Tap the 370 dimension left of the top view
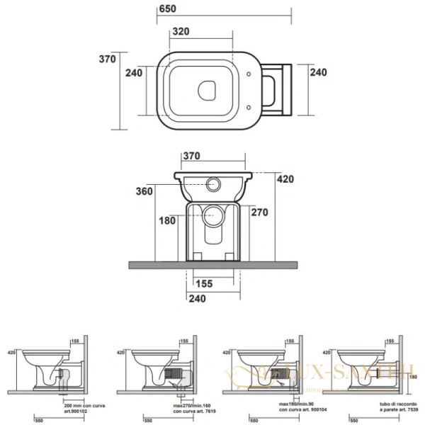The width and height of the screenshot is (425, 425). (x=106, y=59)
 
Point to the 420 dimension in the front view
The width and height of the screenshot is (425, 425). (x=285, y=179)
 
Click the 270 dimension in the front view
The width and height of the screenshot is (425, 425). (x=260, y=212)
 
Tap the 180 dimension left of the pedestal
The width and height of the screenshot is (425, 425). (x=167, y=220)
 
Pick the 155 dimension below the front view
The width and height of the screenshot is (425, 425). (x=204, y=283)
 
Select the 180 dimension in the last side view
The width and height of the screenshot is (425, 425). (x=411, y=378)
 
